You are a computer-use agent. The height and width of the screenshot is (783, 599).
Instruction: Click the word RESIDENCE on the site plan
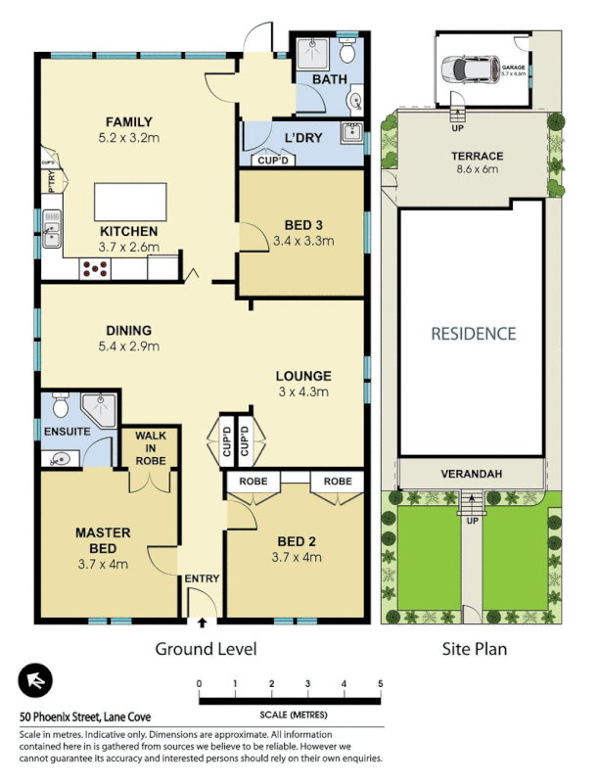pos(473,334)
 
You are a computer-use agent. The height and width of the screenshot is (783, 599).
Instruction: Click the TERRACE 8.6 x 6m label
pos(477,161)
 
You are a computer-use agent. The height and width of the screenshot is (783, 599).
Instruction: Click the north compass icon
pos(35,681)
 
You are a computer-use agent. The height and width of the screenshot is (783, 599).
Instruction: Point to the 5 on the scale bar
pos(380,683)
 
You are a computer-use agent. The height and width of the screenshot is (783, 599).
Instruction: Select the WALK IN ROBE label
pos(150,447)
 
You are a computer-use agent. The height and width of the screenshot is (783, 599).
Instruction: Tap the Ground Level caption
pos(206,648)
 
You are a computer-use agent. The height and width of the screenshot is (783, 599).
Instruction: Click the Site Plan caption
pos(473,648)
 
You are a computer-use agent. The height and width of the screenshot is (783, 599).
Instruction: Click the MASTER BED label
pos(104,540)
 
